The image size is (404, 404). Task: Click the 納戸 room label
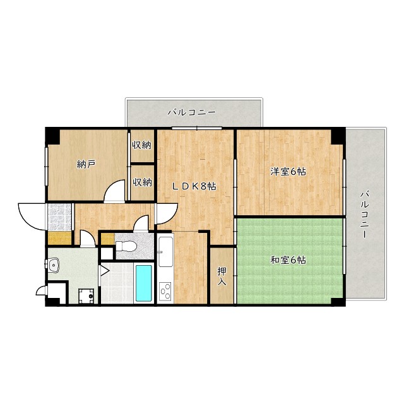click(x=86, y=165)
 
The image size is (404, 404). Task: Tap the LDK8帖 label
click(x=196, y=186)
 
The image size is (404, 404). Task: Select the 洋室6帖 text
click(x=288, y=171)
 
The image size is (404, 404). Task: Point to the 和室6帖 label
click(x=288, y=259)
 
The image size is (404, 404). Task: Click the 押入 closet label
click(x=222, y=276)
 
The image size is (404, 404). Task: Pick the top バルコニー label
click(x=192, y=112)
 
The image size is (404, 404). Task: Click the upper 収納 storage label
click(x=142, y=145)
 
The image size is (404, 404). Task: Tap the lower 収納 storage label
click(x=142, y=182)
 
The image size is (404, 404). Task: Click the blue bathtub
click(x=144, y=283)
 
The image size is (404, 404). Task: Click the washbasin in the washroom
click(x=55, y=264)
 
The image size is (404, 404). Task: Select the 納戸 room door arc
click(x=114, y=190)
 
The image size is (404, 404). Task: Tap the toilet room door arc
click(x=143, y=223)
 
